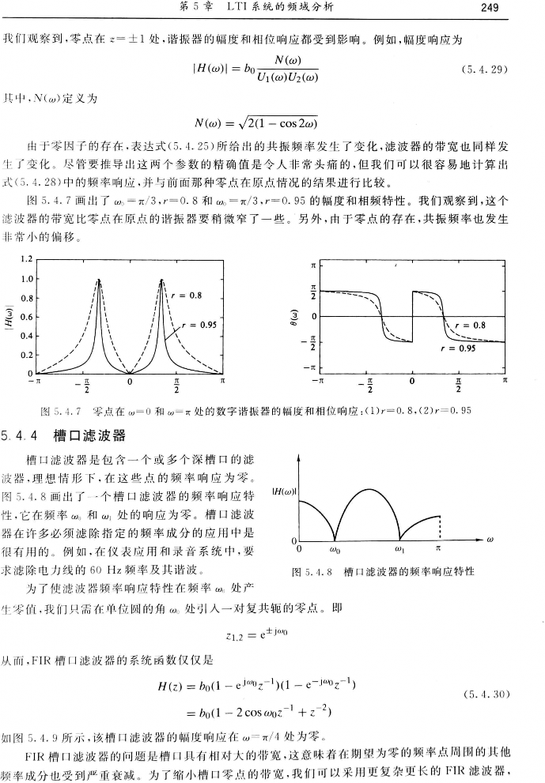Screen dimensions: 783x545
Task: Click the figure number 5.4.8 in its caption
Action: coord(312,571)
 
